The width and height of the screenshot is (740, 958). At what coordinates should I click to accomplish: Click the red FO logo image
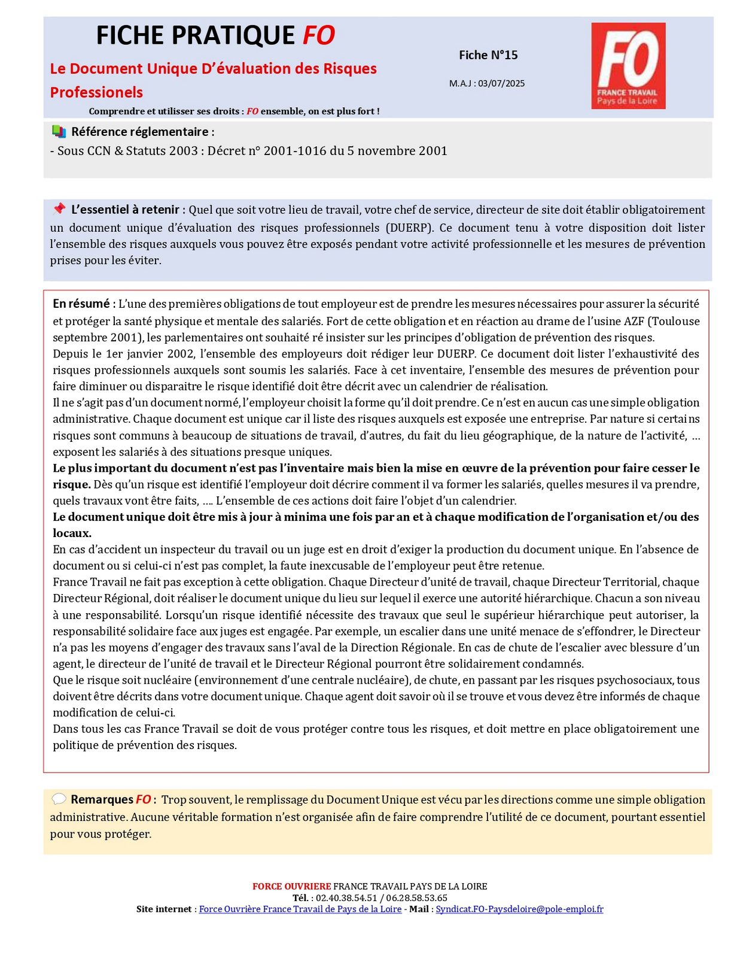tap(628, 66)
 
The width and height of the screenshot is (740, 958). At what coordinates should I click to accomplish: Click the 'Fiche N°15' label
tap(488, 55)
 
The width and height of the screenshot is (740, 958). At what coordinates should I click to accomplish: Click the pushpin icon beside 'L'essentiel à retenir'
tap(59, 209)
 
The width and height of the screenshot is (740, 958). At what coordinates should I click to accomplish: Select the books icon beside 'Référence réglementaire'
tap(59, 131)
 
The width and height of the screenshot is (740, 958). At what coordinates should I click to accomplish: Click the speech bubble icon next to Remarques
tap(59, 799)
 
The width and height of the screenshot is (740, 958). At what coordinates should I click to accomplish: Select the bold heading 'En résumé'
tap(81, 304)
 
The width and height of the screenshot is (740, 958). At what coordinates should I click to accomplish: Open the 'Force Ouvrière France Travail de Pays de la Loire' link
tap(300, 909)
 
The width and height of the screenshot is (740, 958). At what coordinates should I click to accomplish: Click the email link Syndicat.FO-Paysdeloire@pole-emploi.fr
tap(519, 909)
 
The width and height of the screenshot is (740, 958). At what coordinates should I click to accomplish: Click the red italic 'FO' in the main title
tap(318, 36)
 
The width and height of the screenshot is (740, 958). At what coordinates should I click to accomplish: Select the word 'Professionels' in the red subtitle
tap(96, 92)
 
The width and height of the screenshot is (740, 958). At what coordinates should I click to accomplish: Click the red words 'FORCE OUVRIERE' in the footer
tap(291, 886)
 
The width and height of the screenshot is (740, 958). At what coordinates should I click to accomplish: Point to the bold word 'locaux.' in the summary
tap(72, 533)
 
